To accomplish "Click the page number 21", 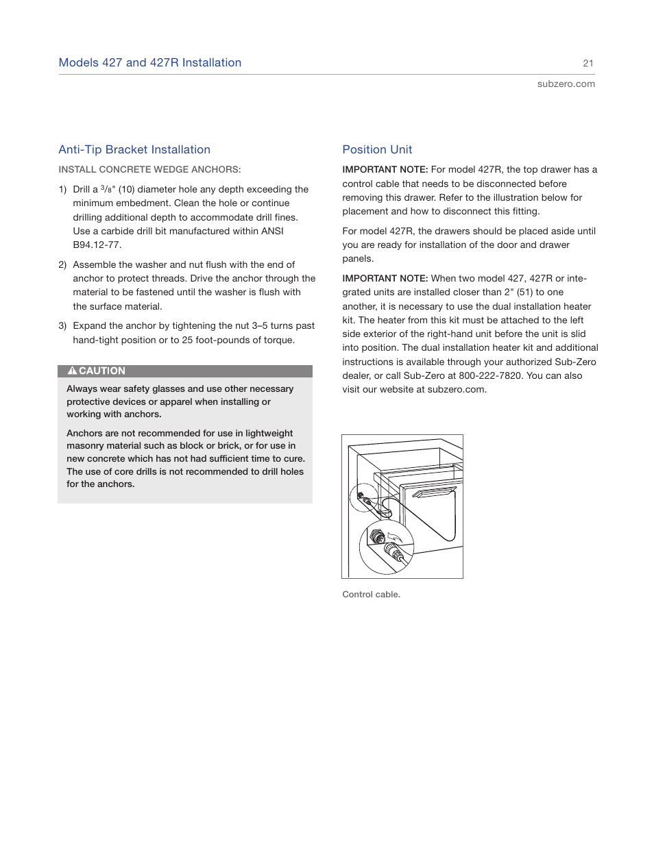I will click(588, 63).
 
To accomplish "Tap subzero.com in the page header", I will click(566, 84).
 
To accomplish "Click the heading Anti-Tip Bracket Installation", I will click(134, 149).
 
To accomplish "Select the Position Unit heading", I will click(377, 149).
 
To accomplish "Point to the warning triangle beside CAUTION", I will click(72, 371).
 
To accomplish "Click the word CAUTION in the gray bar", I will click(102, 371).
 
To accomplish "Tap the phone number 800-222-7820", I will click(490, 375).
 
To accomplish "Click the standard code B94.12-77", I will click(97, 245).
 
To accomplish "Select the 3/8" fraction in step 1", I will click(108, 189).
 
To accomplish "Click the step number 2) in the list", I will click(62, 264).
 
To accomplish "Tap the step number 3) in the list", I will click(62, 326).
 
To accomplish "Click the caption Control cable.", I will click(371, 595).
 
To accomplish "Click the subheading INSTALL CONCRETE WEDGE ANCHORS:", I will click(149, 169).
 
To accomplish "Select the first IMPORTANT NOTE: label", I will click(385, 169).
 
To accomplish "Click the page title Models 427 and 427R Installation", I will click(150, 63).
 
